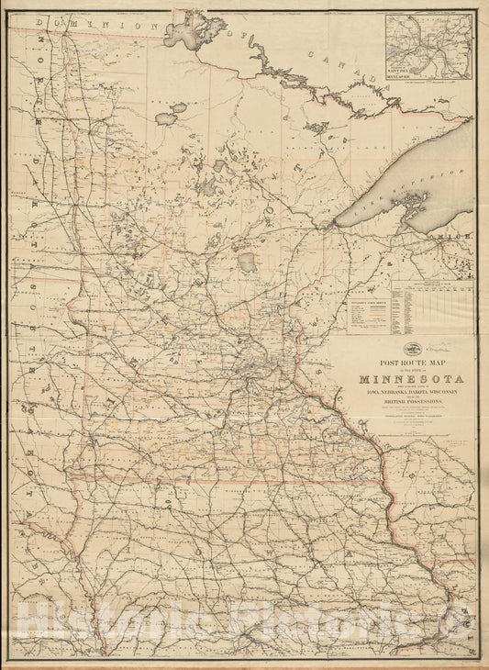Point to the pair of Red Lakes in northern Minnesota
pyautogui.click(x=171, y=112)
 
